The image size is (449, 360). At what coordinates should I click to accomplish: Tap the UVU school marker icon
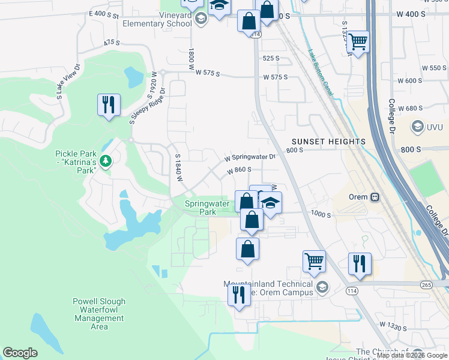pos(417,127)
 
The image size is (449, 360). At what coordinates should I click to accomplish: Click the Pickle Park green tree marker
pos(106,161)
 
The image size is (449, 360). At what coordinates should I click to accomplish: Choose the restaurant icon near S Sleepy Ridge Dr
pos(109,105)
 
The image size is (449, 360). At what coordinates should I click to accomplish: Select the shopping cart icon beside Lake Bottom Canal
pos(358,41)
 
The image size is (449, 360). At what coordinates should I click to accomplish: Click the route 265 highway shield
pos(427,284)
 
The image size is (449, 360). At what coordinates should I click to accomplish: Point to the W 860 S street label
pos(238,170)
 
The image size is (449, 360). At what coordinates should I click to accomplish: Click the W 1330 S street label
pos(393,326)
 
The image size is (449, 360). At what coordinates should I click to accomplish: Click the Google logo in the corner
pos(20,353)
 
